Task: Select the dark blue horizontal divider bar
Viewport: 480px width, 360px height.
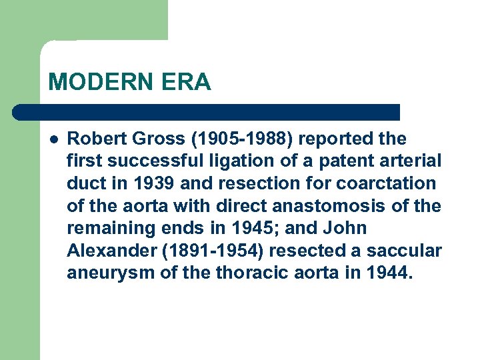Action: click(x=207, y=112)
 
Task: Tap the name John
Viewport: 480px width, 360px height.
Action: click(x=345, y=228)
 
